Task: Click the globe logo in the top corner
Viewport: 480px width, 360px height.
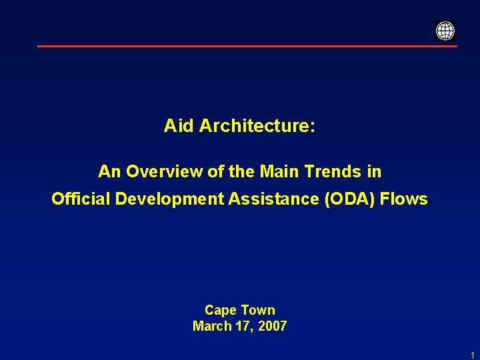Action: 445,31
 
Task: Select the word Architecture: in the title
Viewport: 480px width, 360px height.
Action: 257,125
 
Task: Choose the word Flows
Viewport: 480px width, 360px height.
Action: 404,199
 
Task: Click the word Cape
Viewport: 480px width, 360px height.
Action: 221,310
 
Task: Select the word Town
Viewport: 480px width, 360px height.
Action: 258,310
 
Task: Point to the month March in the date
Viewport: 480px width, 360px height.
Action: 210,326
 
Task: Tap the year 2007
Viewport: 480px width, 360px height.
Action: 271,326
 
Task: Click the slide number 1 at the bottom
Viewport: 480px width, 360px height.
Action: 472,355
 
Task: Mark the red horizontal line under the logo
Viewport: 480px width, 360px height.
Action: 247,46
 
